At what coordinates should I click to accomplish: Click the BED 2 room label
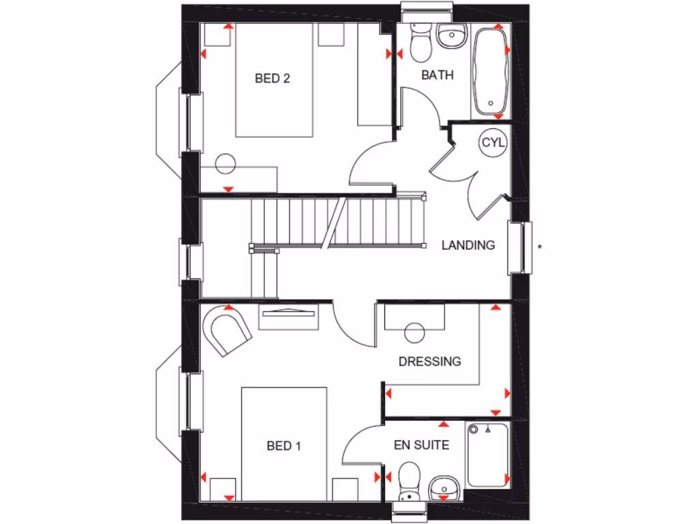click(272, 78)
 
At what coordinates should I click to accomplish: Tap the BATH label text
click(437, 75)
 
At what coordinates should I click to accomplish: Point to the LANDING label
click(468, 245)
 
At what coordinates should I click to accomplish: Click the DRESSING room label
click(430, 361)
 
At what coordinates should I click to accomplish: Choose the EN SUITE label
click(421, 446)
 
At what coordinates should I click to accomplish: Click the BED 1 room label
click(283, 446)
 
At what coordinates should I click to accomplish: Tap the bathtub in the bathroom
click(489, 71)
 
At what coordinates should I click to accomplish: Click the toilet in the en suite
click(409, 478)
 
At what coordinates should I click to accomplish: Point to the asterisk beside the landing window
click(539, 247)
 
